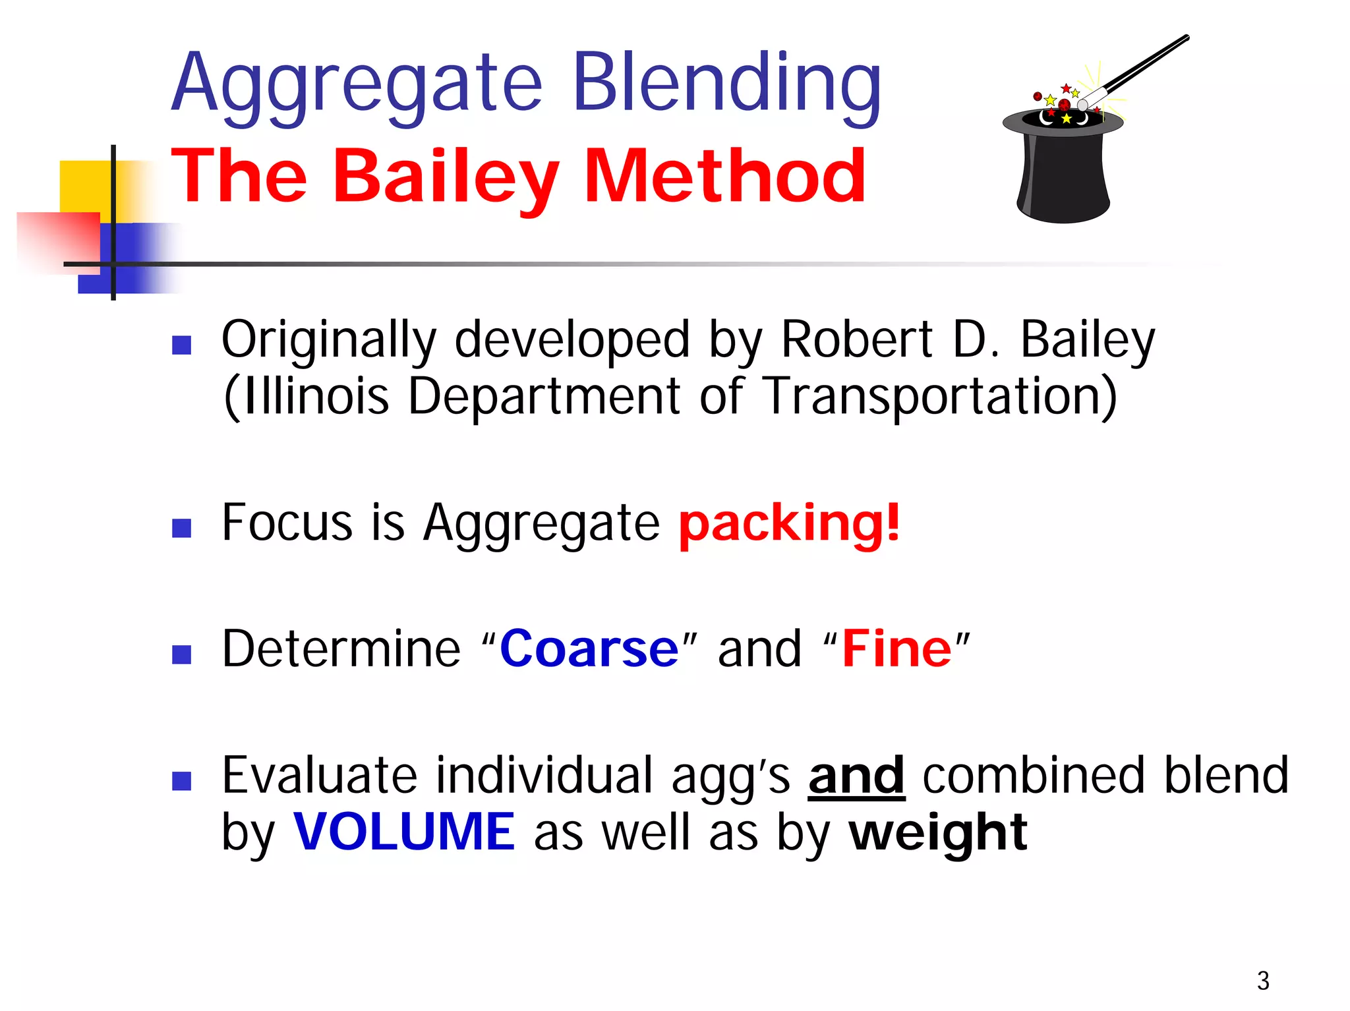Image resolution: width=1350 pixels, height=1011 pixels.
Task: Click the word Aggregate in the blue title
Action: (356, 86)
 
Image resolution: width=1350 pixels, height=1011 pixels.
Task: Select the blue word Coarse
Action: (589, 649)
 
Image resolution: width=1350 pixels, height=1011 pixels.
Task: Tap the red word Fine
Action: (896, 649)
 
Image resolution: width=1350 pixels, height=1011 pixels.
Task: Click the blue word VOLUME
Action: (403, 832)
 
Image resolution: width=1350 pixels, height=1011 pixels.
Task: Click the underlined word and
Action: (856, 776)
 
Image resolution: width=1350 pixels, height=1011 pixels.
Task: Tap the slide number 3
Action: (1263, 981)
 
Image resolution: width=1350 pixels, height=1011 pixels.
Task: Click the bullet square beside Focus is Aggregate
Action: (181, 527)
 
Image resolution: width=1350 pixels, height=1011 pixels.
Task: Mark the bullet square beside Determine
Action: (181, 654)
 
